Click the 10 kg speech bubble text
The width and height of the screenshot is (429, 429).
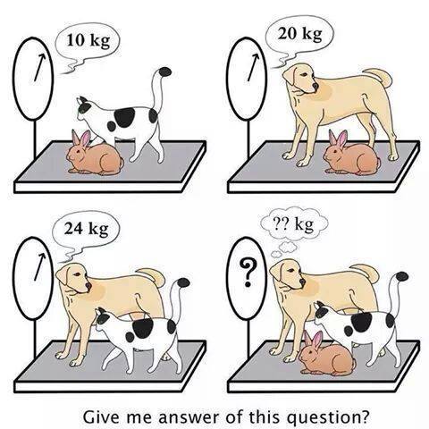88,40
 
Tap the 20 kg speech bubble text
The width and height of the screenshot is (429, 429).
300,34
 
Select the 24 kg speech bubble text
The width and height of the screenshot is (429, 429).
87,229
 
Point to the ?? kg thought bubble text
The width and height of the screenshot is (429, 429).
294,224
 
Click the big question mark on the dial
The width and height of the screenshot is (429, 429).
248,273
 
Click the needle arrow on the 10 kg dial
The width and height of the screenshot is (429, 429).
40,67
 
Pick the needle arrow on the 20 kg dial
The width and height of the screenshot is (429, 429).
253,67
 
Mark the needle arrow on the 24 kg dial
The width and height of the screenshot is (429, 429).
39,267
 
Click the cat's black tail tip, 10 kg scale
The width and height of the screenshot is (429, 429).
164,71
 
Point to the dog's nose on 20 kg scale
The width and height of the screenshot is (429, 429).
315,86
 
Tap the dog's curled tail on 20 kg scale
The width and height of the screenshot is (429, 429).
380,77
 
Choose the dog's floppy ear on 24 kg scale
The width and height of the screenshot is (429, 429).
63,274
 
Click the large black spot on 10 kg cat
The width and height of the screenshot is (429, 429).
124,117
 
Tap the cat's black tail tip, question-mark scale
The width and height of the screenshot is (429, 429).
401,276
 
